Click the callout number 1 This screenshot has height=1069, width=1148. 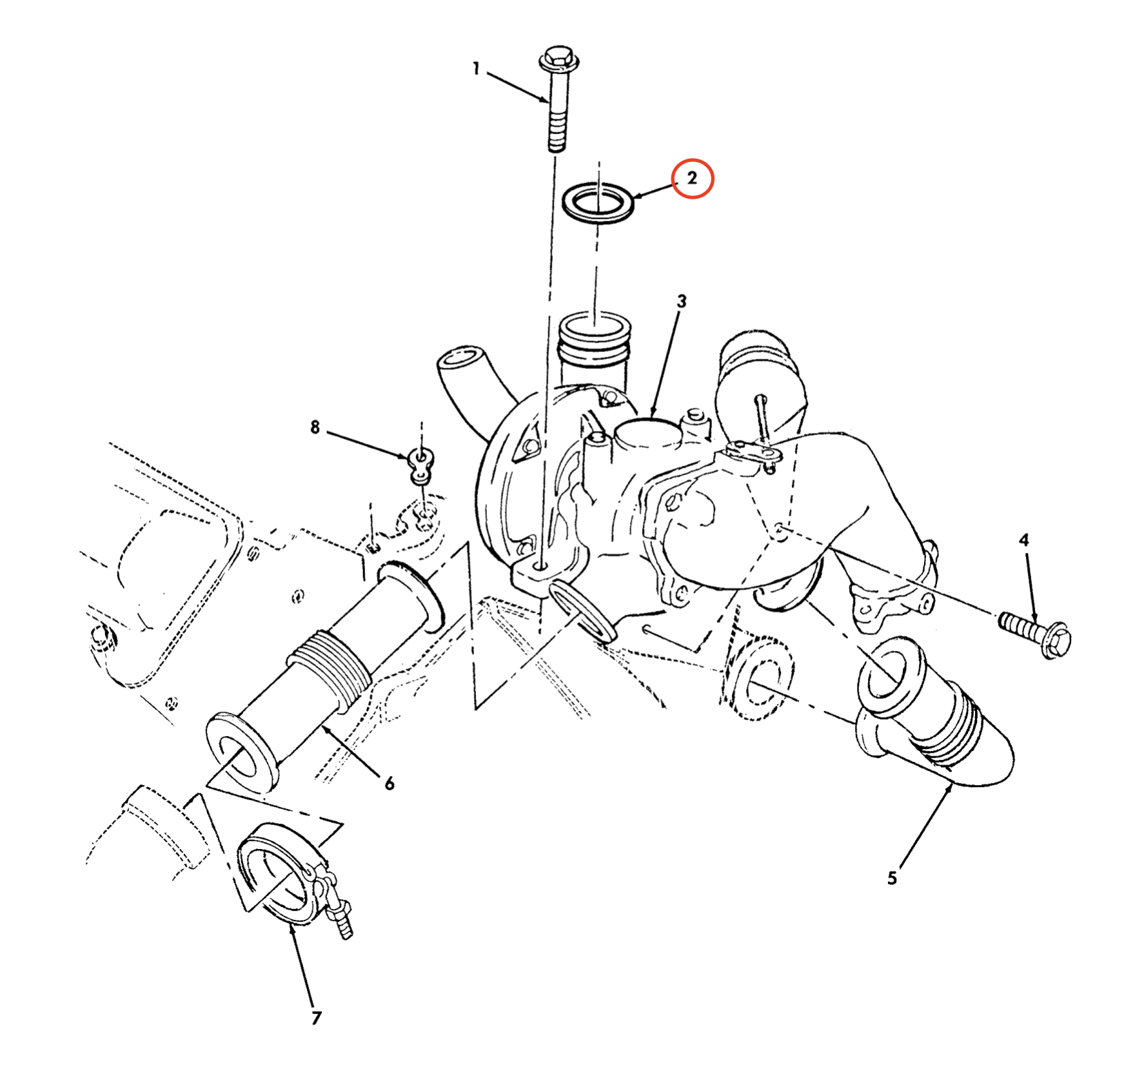[477, 69]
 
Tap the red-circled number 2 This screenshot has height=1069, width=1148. [692, 178]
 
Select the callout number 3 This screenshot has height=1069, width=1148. [682, 301]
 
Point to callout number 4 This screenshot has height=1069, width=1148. [1023, 541]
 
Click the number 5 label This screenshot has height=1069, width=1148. [892, 878]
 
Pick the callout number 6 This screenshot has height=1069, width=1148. [389, 784]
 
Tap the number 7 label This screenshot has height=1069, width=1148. [316, 1018]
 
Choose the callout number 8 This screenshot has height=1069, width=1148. [315, 428]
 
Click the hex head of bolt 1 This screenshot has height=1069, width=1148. [559, 59]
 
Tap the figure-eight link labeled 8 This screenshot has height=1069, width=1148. [421, 466]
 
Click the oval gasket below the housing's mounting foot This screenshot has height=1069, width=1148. [582, 611]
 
